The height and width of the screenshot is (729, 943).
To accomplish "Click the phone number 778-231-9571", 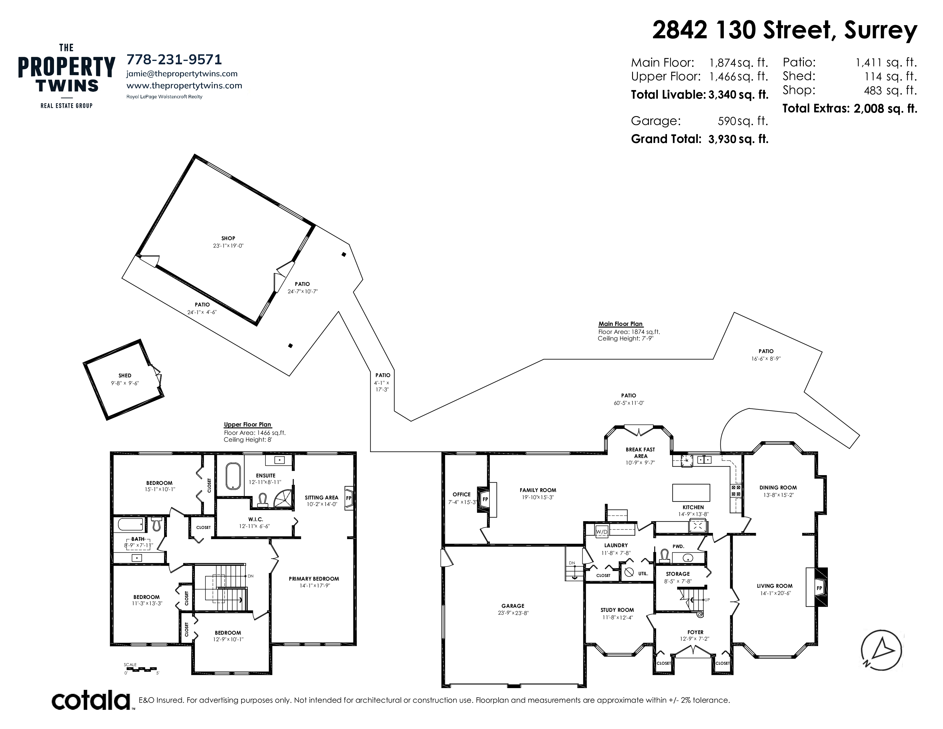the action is [x=174, y=59].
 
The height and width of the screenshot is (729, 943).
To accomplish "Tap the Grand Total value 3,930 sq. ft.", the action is [x=738, y=139].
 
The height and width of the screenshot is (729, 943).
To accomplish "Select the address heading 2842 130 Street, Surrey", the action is [x=784, y=30].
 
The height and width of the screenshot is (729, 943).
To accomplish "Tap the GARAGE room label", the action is [x=513, y=606].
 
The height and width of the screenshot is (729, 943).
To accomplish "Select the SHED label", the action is [x=125, y=376].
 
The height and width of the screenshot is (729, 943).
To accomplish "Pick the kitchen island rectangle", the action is [x=691, y=492].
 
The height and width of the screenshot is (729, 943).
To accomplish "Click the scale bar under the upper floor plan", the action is [x=141, y=669].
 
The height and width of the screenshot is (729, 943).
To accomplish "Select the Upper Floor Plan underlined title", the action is [x=247, y=425].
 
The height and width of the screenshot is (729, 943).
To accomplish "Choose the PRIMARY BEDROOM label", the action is [x=314, y=579].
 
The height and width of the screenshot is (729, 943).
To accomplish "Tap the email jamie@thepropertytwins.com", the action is [x=182, y=74].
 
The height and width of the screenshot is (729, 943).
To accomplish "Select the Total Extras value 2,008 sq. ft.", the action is [x=885, y=109].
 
